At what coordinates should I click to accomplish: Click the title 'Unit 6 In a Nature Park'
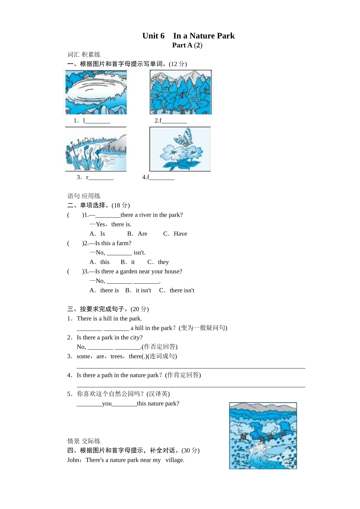pyautogui.click(x=188, y=36)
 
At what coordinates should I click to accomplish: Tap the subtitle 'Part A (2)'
pyautogui.click(x=187, y=45)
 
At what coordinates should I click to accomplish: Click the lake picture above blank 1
pyautogui.click(x=96, y=92)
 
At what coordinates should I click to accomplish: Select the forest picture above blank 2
pyautogui.click(x=181, y=92)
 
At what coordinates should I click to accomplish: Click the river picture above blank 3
pyautogui.click(x=96, y=149)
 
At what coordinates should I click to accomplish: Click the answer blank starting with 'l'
pyautogui.click(x=97, y=121)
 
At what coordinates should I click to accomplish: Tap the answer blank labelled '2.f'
pyautogui.click(x=174, y=121)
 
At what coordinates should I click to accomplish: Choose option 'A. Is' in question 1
pyautogui.click(x=97, y=234)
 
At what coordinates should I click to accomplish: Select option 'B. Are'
pyautogui.click(x=137, y=234)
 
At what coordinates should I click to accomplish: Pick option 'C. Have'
pyautogui.click(x=175, y=234)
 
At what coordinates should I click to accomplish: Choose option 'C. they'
pyautogui.click(x=158, y=262)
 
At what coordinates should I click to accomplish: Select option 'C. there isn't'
pyautogui.click(x=177, y=290)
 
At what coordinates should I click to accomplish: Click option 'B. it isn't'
pyautogui.click(x=138, y=290)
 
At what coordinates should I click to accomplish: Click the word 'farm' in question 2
pyautogui.click(x=121, y=243)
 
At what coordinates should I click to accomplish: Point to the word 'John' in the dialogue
pyautogui.click(x=74, y=460)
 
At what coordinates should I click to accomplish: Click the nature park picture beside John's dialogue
pyautogui.click(x=263, y=436)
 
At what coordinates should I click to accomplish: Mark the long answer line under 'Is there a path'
pyautogui.click(x=191, y=386)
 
